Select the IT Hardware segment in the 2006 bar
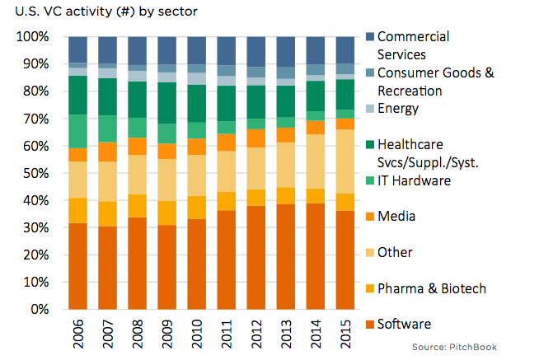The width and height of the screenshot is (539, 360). coord(78,131)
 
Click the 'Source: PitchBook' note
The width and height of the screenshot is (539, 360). coord(455,347)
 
